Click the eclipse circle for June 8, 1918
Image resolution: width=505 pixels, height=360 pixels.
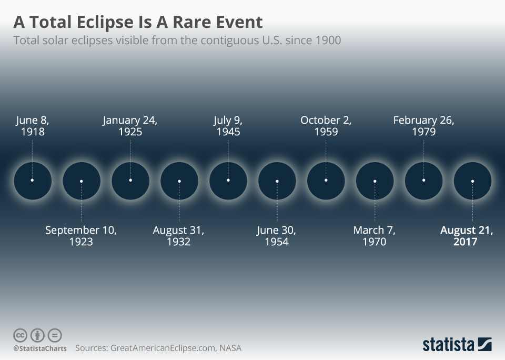33,181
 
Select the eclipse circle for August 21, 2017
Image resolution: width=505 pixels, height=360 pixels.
472,181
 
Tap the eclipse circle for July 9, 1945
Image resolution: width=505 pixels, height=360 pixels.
228,181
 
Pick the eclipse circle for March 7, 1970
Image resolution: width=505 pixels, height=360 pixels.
375,181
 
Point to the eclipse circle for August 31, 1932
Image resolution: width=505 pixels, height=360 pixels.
179,181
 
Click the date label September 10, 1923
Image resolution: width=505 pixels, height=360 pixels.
81,236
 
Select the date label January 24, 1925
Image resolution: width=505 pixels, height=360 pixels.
130,126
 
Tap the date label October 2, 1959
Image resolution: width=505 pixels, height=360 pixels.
326,126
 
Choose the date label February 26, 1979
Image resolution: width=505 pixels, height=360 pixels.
423,126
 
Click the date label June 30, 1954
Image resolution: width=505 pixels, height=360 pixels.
277,236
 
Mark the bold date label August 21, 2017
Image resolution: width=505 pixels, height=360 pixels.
467,236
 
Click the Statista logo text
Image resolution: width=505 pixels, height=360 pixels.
449,345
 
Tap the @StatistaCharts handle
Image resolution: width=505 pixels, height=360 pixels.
39,348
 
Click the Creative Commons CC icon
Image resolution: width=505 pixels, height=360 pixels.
20,335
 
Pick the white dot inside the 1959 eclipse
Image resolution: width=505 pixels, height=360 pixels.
326,180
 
